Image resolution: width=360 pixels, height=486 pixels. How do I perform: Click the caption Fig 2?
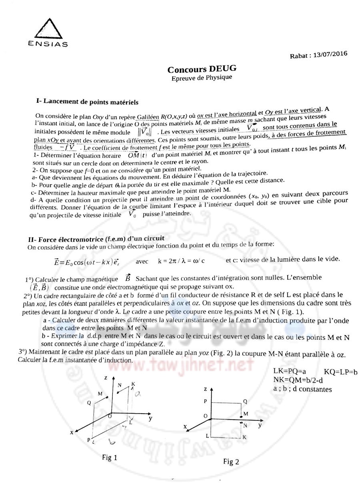231,462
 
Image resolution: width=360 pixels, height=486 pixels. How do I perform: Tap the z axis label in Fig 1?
105,377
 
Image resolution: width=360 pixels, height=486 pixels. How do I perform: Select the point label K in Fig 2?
244,438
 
